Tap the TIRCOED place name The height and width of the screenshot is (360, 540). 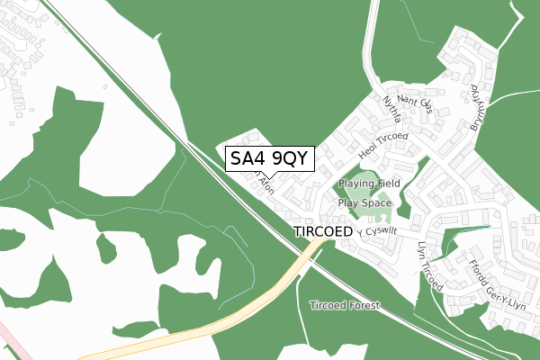321,231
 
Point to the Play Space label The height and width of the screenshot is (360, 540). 364,203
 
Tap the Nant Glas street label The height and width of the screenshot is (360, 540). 415,106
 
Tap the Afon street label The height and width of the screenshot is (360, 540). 265,186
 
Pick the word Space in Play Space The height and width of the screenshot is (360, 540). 377,203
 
